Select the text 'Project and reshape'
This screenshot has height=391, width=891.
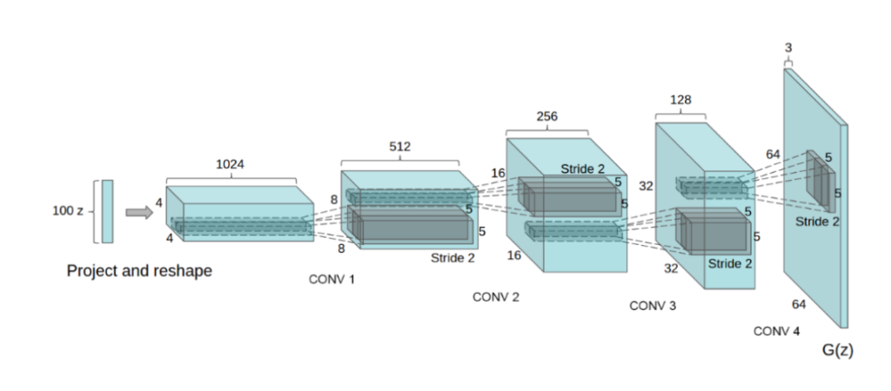pyautogui.click(x=139, y=271)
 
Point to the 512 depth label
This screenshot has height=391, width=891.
pyautogui.click(x=399, y=146)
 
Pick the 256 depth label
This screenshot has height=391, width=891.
pyautogui.click(x=547, y=116)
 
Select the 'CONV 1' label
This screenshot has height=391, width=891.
pyautogui.click(x=332, y=279)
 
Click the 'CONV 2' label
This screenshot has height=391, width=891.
pyautogui.click(x=496, y=297)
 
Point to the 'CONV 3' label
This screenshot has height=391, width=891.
pyautogui.click(x=653, y=307)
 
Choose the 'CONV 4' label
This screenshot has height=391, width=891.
pyautogui.click(x=777, y=331)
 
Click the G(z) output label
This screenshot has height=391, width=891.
pyautogui.click(x=836, y=350)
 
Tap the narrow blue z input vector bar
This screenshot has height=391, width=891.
pyautogui.click(x=107, y=211)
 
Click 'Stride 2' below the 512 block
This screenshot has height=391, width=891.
pyautogui.click(x=452, y=258)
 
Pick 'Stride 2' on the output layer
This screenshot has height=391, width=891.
pyautogui.click(x=817, y=222)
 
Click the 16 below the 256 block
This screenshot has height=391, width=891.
pyautogui.click(x=512, y=255)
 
